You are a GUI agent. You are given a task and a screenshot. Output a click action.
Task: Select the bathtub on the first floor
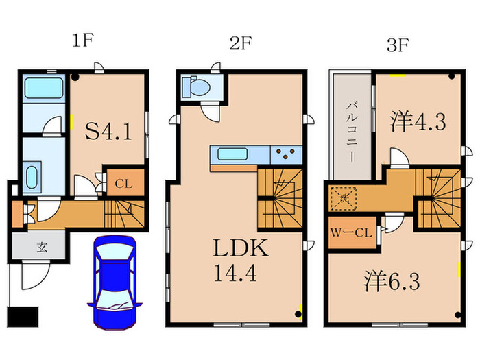point(43,88)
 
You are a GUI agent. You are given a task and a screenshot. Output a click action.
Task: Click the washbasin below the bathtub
point(32,177)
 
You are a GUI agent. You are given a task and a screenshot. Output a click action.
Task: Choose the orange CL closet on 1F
point(123,183)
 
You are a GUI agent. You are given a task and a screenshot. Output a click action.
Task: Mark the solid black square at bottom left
point(20,317)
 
